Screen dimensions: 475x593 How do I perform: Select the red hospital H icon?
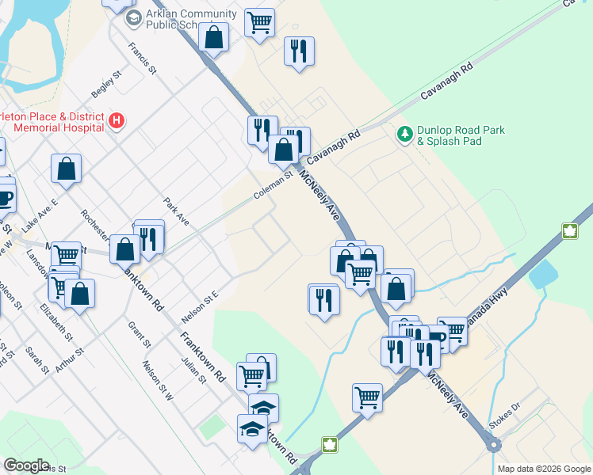click(x=117, y=121)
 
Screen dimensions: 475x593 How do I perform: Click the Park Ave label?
click(x=176, y=211)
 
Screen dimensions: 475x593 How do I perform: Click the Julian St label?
click(x=193, y=368)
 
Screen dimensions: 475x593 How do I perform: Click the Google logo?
click(x=26, y=465)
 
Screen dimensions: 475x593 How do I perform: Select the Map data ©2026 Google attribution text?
click(x=543, y=469)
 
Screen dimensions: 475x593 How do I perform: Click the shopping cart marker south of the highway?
click(x=367, y=397)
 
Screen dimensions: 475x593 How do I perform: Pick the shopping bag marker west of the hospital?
click(x=67, y=168)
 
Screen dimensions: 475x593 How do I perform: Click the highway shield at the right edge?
click(x=568, y=231)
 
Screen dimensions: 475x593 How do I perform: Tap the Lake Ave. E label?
click(x=40, y=215)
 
